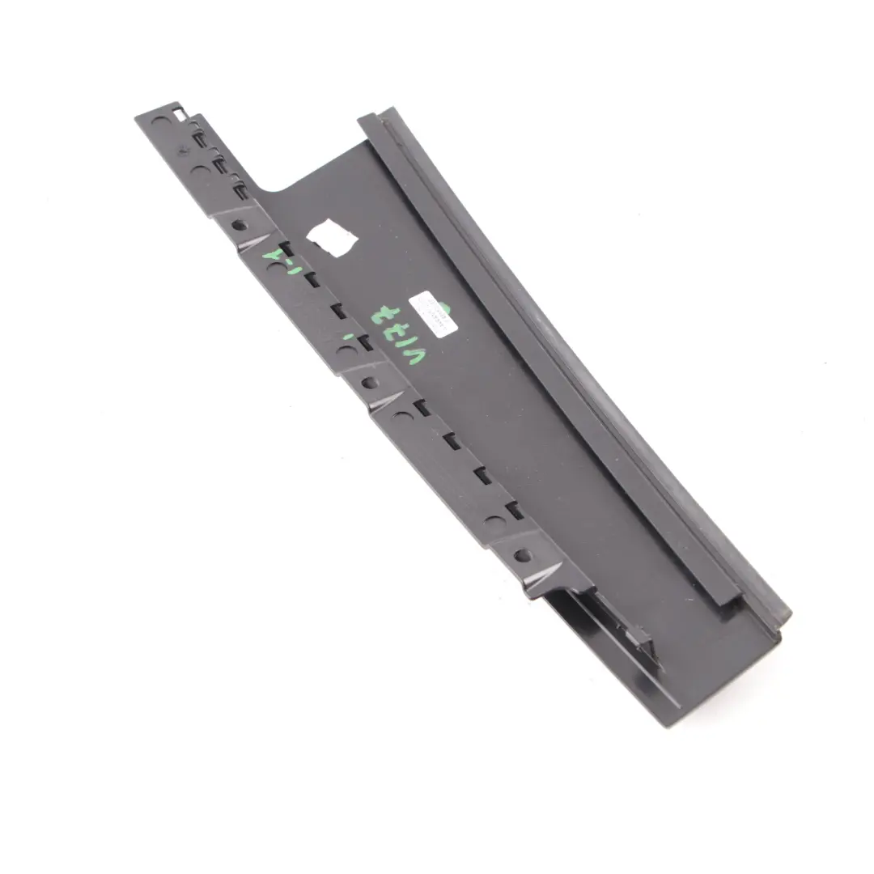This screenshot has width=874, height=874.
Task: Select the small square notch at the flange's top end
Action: tap(180, 112)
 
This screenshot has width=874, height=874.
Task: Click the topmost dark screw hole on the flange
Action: tap(238, 225)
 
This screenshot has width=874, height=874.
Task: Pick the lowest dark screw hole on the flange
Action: tap(522, 555)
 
